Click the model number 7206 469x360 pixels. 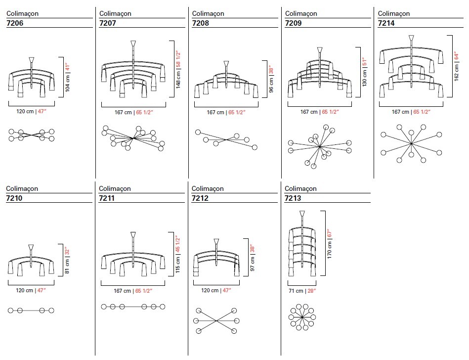pyautogui.click(x=15, y=23)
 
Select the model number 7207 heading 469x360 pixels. pyautogui.click(x=107, y=23)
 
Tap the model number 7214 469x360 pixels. pyautogui.click(x=386, y=23)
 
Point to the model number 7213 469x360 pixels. pyautogui.click(x=293, y=198)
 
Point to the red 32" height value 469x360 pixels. pyautogui.click(x=67, y=251)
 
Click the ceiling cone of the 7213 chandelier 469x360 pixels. pyautogui.click(x=302, y=214)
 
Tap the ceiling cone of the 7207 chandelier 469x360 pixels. pyautogui.click(x=133, y=44)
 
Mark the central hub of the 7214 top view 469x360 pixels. pyautogui.click(x=411, y=143)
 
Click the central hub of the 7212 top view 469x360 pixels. pyautogui.click(x=216, y=321)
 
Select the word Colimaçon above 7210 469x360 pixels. pyautogui.click(x=22, y=188)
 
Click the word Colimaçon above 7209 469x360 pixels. pyautogui.click(x=301, y=13)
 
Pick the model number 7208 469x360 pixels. pyautogui.click(x=201, y=23)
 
